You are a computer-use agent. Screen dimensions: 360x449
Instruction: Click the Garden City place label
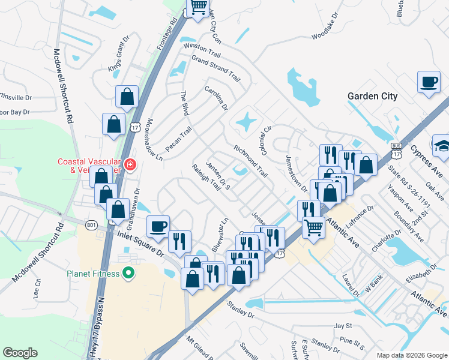[372, 96]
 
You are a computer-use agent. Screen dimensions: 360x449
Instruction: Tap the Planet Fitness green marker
[127, 274]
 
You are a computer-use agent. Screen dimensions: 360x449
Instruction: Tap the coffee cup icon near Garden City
[429, 83]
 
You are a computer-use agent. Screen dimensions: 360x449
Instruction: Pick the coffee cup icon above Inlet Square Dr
[158, 227]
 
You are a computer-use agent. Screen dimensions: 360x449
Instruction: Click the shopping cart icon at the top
[199, 8]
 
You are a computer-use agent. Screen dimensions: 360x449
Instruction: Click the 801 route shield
[91, 225]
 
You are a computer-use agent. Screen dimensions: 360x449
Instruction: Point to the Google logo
[20, 353]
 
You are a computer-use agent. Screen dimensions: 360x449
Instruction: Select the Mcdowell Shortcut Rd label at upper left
[64, 86]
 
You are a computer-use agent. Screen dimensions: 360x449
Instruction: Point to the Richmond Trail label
[250, 160]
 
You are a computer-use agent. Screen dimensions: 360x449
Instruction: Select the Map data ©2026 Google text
[412, 355]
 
